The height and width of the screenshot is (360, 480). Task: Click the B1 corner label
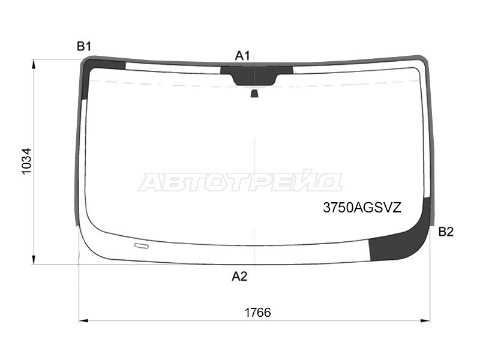83,46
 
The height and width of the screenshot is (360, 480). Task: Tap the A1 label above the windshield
242,56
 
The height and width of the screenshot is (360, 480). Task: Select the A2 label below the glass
239,277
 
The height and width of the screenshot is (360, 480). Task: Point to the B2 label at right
446,232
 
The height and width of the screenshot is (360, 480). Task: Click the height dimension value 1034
26,161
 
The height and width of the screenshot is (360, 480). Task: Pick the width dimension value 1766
257,313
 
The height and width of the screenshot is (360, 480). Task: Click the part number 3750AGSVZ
362,208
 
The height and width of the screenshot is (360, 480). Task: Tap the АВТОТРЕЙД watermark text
240,182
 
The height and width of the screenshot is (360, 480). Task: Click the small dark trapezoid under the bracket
254,93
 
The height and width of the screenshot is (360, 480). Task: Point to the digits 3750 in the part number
337,208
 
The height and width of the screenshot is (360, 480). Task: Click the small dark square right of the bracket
287,69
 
